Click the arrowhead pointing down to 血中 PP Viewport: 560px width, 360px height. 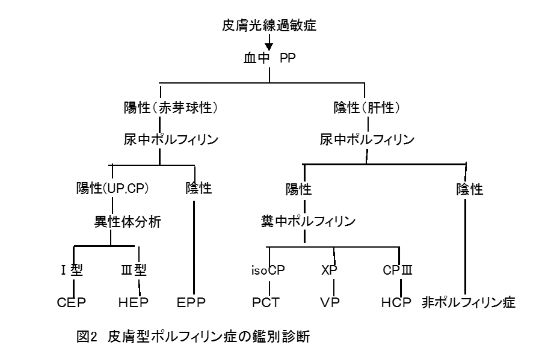[269, 46]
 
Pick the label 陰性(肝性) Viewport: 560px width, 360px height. [366, 109]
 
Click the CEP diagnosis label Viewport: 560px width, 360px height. [71, 302]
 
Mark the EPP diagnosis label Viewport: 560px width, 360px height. [194, 302]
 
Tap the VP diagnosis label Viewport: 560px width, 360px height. [330, 302]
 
